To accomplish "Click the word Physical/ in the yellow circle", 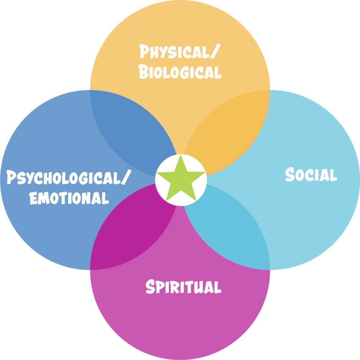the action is pos(180,51).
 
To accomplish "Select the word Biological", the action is pos(180,72).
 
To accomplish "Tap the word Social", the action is pos(311,174).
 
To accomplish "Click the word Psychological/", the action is pos(69,177).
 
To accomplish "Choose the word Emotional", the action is pos(69,198).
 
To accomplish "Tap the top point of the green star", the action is pos(181,154).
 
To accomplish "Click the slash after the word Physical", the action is pos(215,51).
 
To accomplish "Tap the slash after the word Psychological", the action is pos(126,177).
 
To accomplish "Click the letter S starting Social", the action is pos(290,174).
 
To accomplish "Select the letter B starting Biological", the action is pos(144,72).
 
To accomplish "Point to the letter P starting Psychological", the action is pos(11,177).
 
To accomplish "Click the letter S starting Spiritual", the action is pos(150,286).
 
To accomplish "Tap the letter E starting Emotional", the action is pos(33,198).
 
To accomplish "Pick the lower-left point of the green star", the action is pos(166,201).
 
